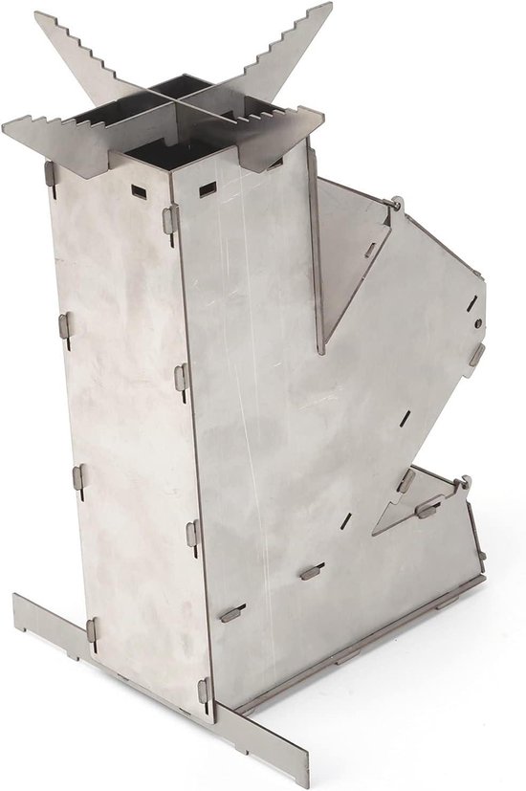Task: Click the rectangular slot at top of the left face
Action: [x=135, y=187]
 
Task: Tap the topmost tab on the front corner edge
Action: [x=170, y=218]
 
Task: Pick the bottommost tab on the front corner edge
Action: [x=204, y=689]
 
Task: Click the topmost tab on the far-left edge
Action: [x=50, y=173]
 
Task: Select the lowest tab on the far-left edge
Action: [x=92, y=628]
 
